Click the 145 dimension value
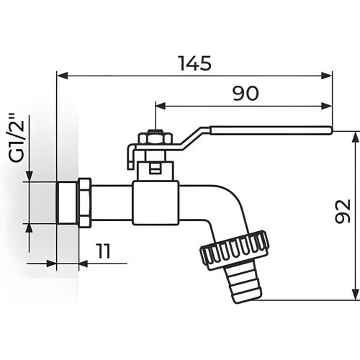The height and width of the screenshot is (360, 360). click(x=196, y=63)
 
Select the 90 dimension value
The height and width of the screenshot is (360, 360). click(x=246, y=94)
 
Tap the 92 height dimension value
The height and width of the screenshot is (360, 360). click(x=343, y=211)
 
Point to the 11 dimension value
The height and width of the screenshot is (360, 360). click(x=103, y=251)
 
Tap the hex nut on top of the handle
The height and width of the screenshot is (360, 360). click(x=156, y=138)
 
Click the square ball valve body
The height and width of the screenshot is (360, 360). click(x=156, y=203)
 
